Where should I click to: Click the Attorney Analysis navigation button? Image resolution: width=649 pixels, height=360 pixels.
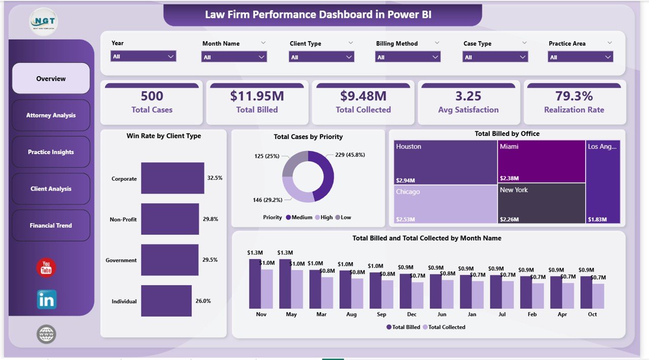(x=51, y=116)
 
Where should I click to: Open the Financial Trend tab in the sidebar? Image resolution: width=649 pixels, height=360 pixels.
(x=51, y=226)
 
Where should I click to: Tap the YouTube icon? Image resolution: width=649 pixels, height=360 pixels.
(x=46, y=268)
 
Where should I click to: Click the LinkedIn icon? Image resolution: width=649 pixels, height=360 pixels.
(x=47, y=300)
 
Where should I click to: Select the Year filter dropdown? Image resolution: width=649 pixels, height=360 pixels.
(x=143, y=57)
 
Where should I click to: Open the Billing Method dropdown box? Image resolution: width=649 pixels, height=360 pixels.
(x=408, y=57)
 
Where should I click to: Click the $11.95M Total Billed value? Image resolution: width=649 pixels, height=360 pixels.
(x=257, y=96)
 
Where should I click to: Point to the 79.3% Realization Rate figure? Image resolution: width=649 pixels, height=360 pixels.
(x=574, y=96)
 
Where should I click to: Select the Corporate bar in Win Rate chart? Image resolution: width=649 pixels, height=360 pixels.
(x=172, y=178)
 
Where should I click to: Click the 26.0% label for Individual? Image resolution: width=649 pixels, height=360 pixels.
(x=203, y=301)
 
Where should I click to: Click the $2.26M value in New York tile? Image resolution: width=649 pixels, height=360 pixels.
(x=510, y=220)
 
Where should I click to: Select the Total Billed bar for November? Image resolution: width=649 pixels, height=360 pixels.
(x=255, y=284)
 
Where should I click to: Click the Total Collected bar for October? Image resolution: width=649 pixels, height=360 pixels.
(x=598, y=296)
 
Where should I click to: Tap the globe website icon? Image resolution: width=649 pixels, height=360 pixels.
(x=46, y=334)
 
